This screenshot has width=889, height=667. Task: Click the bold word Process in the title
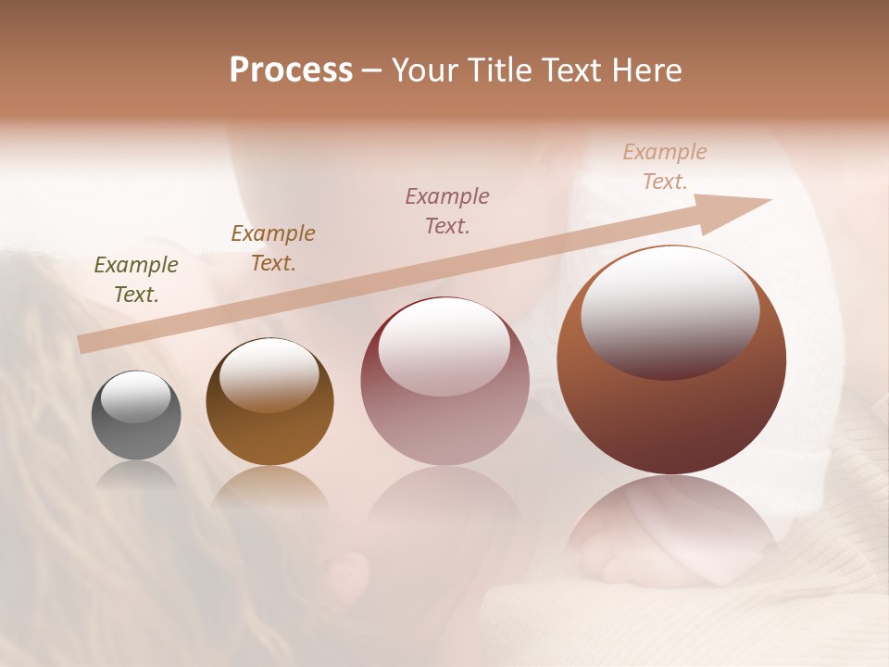291,70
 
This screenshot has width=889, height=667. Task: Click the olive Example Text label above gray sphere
136,280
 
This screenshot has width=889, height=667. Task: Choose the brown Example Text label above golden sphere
273,248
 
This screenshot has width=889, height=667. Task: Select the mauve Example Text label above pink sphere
447,211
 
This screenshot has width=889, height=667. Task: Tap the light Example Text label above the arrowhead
665,167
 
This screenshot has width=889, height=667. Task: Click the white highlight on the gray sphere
136,396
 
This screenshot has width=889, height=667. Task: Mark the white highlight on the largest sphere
670,310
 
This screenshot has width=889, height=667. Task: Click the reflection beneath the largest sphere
671,528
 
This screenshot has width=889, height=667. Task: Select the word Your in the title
426,70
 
